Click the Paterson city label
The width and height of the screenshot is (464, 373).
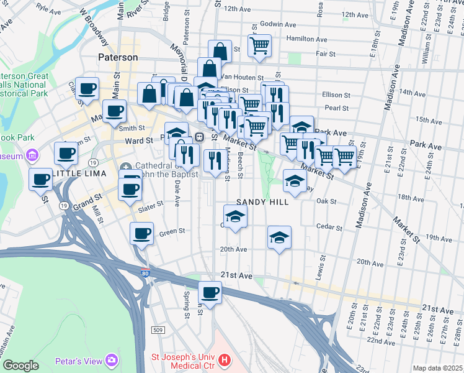click(x=118, y=57)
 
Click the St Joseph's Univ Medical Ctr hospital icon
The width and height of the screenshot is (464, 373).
click(x=225, y=360)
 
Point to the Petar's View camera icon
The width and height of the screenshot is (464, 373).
click(x=112, y=360)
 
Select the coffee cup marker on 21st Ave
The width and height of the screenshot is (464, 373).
click(x=210, y=292)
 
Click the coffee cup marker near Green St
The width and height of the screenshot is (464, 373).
click(x=141, y=234)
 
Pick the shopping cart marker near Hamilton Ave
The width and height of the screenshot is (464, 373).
click(x=259, y=45)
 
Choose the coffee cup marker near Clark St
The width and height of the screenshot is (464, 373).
click(x=87, y=88)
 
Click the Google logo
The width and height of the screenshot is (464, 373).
click(x=20, y=366)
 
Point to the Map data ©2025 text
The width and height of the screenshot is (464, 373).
click(x=437, y=368)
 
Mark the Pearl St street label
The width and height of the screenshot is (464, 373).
click(x=337, y=108)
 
